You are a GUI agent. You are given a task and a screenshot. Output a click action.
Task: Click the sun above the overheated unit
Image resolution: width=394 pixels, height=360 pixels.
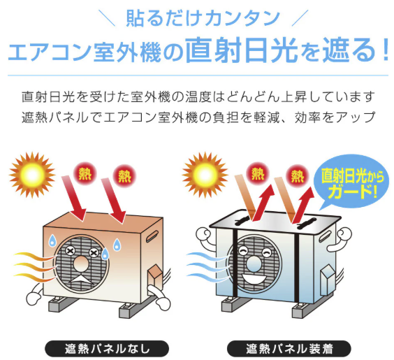pyautogui.click(x=32, y=175)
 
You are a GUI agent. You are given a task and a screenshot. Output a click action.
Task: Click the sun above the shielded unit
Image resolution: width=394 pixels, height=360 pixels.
pyautogui.click(x=205, y=175)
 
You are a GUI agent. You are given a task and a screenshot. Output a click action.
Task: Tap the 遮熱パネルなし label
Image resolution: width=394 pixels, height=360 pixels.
pyautogui.click(x=107, y=349)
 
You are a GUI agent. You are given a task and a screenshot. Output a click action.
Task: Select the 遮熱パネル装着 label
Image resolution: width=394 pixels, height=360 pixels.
pyautogui.click(x=289, y=349)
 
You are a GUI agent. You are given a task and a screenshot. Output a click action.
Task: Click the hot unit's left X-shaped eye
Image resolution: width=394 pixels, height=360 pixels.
pyautogui.click(x=69, y=251)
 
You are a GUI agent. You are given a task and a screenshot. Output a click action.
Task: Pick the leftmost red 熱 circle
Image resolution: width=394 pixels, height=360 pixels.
pyautogui.click(x=85, y=174)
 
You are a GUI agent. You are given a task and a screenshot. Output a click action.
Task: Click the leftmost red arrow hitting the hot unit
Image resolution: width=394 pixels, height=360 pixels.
pyautogui.click(x=74, y=198)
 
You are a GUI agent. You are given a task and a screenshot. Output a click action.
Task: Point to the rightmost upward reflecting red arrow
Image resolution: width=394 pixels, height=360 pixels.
pyautogui.click(x=304, y=205)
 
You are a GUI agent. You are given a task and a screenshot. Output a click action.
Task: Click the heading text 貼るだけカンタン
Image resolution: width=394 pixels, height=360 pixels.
pyautogui.click(x=203, y=18)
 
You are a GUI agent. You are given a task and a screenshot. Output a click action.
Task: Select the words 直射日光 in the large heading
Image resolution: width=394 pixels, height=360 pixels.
pyautogui.click(x=242, y=50)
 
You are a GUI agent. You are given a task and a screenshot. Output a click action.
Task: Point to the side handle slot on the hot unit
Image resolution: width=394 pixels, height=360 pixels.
pyautogui.click(x=152, y=236)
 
